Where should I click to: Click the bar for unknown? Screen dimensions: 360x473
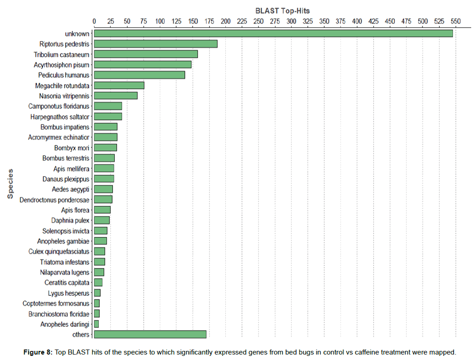[x=273, y=33]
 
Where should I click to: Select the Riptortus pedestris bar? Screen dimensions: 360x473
[x=156, y=44]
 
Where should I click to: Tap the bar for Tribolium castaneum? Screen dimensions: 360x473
[x=146, y=54]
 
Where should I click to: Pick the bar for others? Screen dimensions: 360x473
[x=150, y=334]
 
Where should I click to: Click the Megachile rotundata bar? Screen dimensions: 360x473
[x=119, y=85]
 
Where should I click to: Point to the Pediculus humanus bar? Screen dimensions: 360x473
[x=139, y=75]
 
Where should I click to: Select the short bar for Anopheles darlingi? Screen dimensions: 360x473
[x=97, y=324]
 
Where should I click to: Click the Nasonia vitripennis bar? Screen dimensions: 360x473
[x=116, y=96]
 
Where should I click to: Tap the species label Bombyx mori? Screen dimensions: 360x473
[x=72, y=148]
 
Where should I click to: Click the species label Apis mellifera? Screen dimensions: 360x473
[x=71, y=169]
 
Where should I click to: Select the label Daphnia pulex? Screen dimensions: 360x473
[x=71, y=221]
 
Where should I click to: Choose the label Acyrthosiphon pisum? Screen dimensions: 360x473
[x=61, y=65]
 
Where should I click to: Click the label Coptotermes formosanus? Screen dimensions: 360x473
[x=56, y=303]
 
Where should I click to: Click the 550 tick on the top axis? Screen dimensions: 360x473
[x=455, y=21]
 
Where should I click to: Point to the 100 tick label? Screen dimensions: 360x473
[x=160, y=21]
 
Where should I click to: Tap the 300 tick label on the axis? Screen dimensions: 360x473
[x=291, y=21]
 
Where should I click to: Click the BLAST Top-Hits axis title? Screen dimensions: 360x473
[x=282, y=10]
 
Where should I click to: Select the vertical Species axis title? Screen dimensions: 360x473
[x=10, y=184]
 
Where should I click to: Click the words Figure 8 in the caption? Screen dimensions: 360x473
[x=39, y=352]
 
